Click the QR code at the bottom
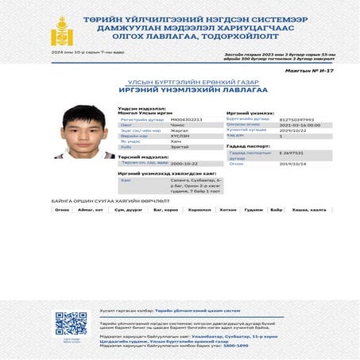coord(69,323)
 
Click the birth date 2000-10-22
coord(184,163)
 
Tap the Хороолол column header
coord(199,210)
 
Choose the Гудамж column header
coord(253,210)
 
